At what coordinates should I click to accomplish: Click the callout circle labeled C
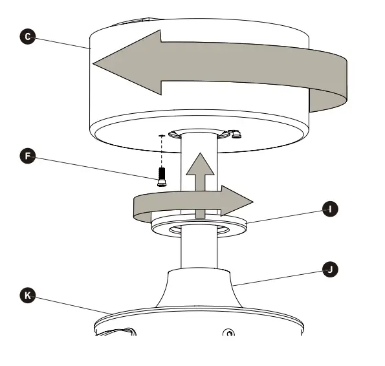27,37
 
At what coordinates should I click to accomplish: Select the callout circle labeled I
330,209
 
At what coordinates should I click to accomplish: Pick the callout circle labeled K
27,296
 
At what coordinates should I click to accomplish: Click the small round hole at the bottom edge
227,333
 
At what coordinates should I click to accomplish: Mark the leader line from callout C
58,43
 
